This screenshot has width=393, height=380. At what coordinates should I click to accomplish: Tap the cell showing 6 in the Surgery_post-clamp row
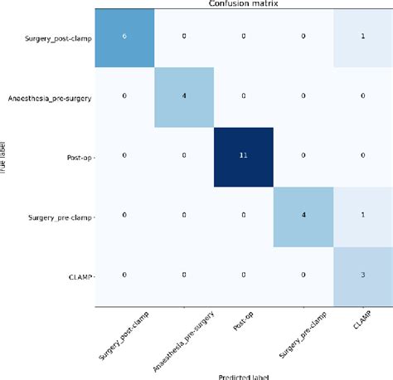tap(124, 37)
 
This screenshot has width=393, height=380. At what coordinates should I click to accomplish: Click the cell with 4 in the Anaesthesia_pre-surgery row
tap(184, 95)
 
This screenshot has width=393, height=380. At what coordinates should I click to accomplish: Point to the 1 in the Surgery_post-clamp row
tap(361, 37)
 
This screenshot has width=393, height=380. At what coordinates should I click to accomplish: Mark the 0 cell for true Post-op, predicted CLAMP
tap(361, 154)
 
